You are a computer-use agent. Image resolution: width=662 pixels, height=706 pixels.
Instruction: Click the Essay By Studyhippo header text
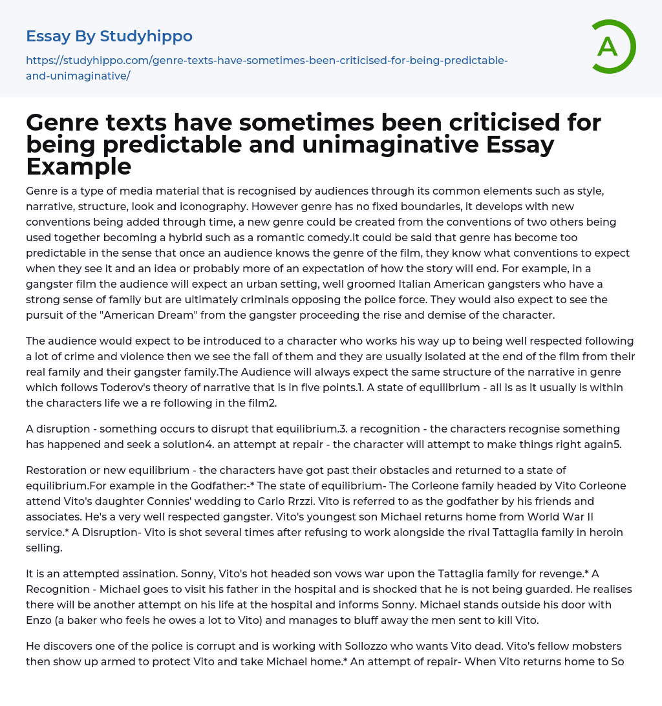pos(109,36)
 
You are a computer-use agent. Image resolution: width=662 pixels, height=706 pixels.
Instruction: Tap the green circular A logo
pos(608,47)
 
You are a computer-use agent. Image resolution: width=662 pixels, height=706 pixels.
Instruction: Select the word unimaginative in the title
pos(310,144)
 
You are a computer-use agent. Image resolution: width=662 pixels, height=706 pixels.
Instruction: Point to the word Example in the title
pos(79,166)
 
